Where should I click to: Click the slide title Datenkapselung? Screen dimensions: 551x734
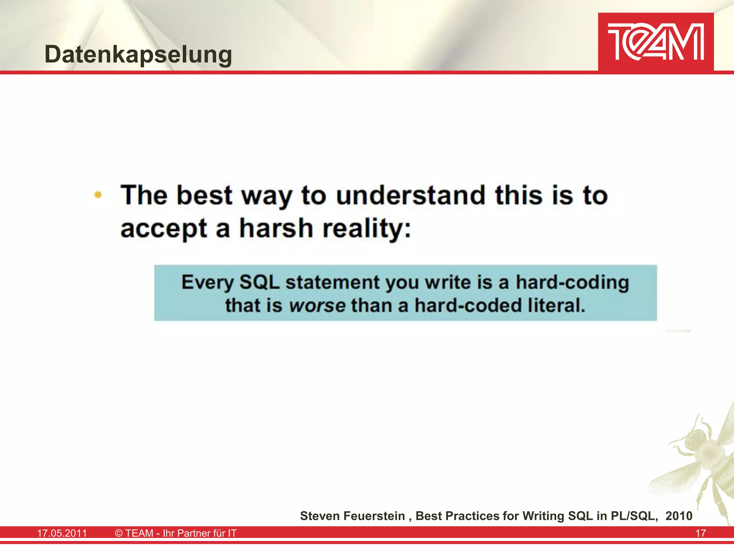[x=138, y=55]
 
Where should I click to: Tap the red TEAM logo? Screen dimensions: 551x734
[x=656, y=42]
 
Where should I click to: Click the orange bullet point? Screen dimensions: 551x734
[x=98, y=195]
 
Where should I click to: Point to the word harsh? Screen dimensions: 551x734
[x=276, y=228]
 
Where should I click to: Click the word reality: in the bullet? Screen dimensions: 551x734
[x=366, y=229]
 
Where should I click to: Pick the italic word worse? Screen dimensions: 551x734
[x=317, y=306]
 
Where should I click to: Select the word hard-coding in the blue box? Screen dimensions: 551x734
[x=572, y=283]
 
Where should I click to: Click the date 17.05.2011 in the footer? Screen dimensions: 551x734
[x=62, y=533]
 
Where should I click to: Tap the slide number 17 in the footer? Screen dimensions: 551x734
[x=700, y=533]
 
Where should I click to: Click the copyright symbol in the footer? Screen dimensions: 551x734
[x=119, y=533]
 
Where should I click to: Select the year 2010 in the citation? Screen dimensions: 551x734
[x=679, y=516]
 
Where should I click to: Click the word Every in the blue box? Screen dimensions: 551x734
[x=207, y=283]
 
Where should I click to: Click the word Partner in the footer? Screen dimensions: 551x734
[x=194, y=533]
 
